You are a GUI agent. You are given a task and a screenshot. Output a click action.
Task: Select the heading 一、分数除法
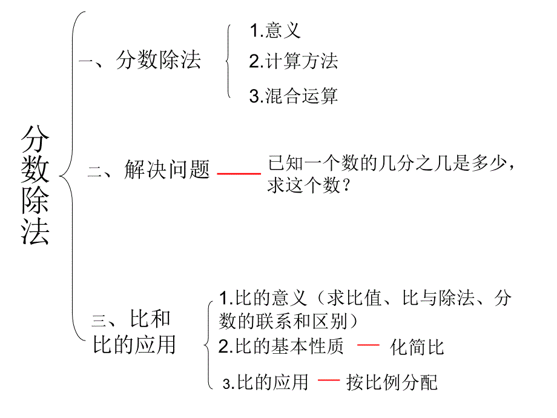[140, 61]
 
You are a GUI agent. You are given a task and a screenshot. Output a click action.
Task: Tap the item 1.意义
[275, 30]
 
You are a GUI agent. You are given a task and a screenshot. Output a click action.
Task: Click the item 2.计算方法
[293, 61]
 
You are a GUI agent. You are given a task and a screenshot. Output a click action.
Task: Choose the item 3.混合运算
[293, 96]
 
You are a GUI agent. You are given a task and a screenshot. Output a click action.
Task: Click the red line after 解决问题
[239, 173]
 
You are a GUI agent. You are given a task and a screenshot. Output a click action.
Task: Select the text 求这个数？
[308, 186]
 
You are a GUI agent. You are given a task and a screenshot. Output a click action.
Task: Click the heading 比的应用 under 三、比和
[134, 344]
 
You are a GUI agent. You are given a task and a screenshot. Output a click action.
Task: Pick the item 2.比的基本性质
[281, 347]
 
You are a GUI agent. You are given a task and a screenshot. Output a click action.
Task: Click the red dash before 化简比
[368, 345]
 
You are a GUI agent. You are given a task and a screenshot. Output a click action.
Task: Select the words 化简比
[418, 347]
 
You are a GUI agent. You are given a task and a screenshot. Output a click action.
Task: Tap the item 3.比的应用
[265, 382]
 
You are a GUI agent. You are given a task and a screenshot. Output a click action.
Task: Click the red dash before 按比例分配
[329, 380]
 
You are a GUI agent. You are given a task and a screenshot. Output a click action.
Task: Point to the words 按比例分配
[392, 383]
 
